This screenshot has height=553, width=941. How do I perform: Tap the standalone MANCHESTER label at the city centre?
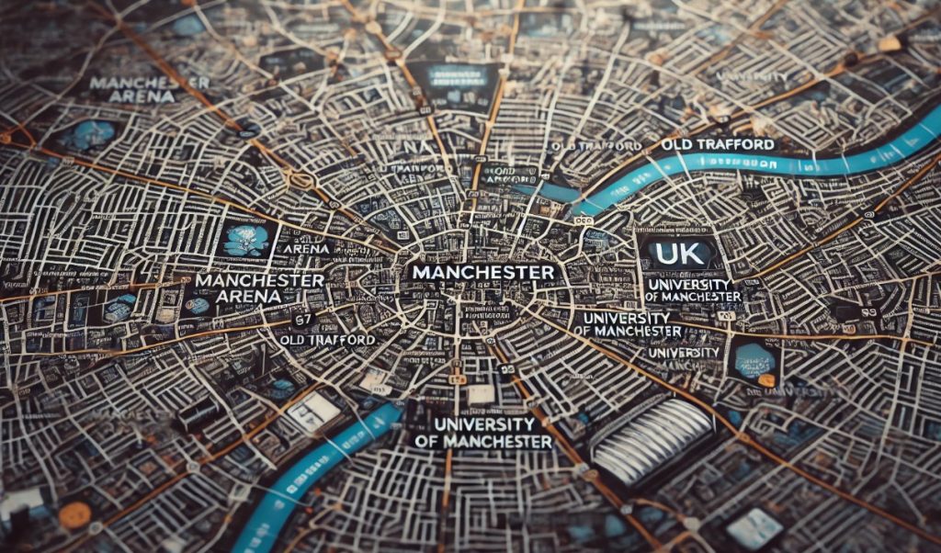pyautogui.click(x=482, y=273)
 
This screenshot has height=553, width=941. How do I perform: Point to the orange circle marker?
pyautogui.click(x=74, y=514)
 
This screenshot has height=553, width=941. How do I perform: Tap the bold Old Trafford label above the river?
pyautogui.click(x=718, y=144)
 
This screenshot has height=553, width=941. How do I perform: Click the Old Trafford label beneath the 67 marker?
pyautogui.click(x=327, y=339)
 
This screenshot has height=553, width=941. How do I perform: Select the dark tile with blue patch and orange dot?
pyautogui.click(x=755, y=360)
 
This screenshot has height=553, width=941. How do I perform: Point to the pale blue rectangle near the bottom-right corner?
pyautogui.click(x=753, y=529)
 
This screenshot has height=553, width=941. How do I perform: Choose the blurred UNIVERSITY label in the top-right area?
pyautogui.click(x=751, y=75)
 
